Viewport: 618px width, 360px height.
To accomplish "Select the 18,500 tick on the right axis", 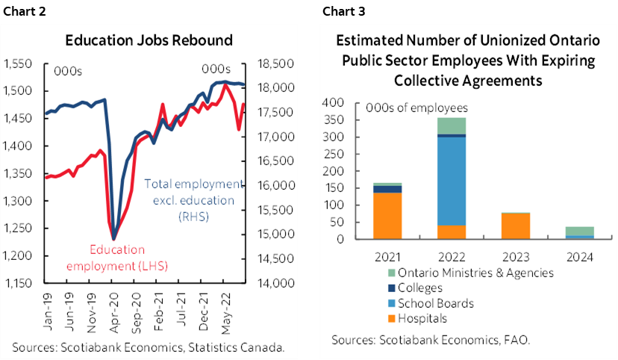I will (x=272, y=64).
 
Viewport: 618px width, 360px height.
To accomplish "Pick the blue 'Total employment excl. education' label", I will (x=193, y=192).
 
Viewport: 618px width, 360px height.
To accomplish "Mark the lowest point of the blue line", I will (x=113, y=239).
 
